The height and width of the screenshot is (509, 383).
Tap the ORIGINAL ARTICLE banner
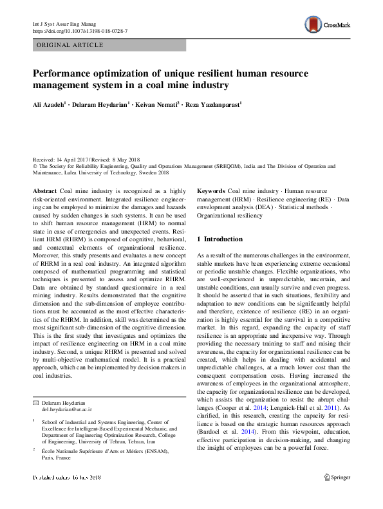coord(71,45)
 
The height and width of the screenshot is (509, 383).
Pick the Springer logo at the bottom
coord(337,495)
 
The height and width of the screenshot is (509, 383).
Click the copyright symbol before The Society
coord(35,165)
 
